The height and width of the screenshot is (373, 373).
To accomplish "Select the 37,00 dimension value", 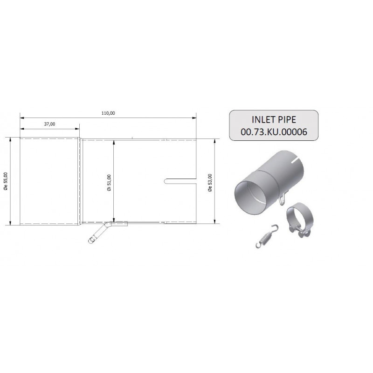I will coord(49,124).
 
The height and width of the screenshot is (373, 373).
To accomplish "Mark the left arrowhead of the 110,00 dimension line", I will coord(21,117).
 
